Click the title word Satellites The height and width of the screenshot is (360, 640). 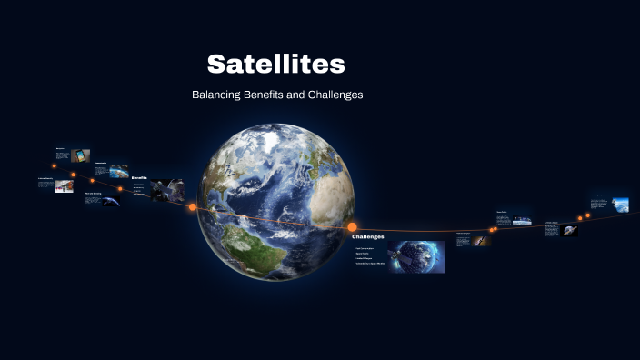tap(275, 64)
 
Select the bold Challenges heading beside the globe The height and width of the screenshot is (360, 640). tap(368, 236)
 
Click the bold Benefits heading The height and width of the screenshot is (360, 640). tap(139, 177)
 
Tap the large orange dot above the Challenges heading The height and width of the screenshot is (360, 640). tap(353, 226)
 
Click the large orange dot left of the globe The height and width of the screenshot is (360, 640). tap(193, 207)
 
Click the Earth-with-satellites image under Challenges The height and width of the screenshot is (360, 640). tap(415, 256)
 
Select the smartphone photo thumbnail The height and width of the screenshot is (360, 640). tap(80, 155)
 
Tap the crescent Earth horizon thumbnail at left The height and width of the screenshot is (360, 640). tap(110, 201)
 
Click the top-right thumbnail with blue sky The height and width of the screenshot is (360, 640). tap(620, 204)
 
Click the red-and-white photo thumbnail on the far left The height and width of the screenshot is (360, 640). tap(64, 185)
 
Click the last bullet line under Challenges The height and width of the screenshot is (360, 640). tap(371, 263)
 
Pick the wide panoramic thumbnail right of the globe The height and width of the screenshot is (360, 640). tap(521, 220)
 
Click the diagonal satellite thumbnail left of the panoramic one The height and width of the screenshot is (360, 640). tap(481, 241)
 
